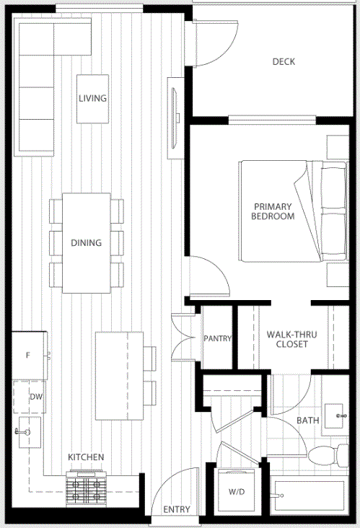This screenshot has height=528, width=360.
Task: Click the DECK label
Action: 284,61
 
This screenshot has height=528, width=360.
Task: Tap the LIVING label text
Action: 92,98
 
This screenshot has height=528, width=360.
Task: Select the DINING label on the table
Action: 86,243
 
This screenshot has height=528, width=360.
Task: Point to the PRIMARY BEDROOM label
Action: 273,211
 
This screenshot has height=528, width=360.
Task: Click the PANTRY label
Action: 218,338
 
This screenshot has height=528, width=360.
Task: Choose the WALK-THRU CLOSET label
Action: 291,339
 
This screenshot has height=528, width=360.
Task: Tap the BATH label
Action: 308,421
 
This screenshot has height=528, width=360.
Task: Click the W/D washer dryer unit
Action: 236,491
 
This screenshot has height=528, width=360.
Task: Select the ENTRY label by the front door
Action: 177,509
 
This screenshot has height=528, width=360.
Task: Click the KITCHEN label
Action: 86,457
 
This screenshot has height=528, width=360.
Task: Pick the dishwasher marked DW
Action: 30,397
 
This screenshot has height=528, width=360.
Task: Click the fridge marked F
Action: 29,356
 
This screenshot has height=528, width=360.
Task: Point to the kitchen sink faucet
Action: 22,431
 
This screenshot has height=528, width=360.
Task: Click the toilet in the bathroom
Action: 328,455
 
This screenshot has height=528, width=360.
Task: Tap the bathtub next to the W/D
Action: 309,495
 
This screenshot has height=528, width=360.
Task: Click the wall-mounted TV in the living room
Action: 175,118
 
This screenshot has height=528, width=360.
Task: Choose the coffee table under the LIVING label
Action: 92,99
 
